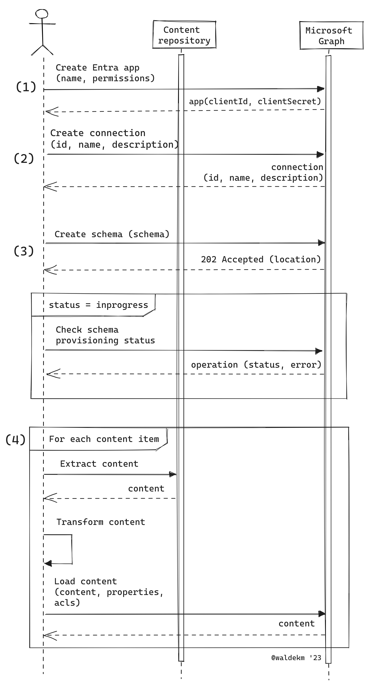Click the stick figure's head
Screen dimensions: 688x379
click(42, 14)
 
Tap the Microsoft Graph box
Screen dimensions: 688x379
click(331, 36)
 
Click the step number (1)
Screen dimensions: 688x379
click(26, 87)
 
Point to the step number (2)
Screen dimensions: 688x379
click(24, 158)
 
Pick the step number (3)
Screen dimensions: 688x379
click(24, 251)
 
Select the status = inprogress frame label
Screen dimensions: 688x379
click(98, 305)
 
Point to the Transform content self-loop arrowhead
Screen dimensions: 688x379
click(48, 564)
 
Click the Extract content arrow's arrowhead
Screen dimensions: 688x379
click(173, 474)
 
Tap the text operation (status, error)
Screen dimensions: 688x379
click(256, 365)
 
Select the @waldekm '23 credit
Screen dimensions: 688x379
click(296, 658)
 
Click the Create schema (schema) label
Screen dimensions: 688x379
click(112, 234)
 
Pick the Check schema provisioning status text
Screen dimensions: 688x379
click(105, 335)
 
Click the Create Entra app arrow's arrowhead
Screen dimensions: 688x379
click(320, 89)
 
